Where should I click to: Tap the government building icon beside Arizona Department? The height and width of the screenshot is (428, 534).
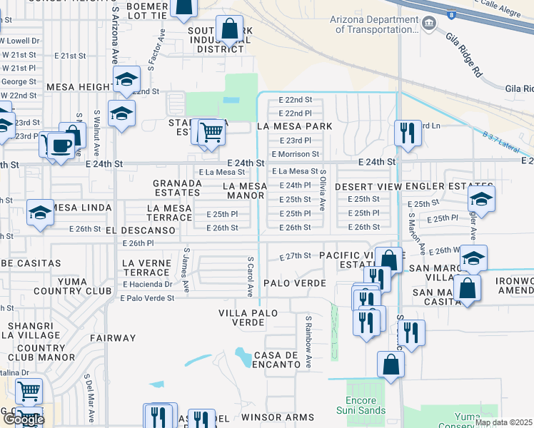click(429, 24)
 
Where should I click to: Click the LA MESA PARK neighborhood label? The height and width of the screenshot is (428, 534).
click(295, 126)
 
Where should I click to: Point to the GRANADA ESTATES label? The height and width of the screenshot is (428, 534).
click(177, 188)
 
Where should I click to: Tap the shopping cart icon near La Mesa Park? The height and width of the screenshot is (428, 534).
click(211, 131)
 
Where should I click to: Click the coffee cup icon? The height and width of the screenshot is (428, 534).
click(62, 146)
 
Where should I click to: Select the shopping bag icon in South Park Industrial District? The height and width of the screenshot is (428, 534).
click(229, 31)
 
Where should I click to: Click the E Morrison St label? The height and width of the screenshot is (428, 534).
click(295, 154)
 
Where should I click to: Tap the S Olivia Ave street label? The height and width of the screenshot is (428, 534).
click(323, 189)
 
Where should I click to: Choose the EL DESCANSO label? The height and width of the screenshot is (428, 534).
click(141, 231)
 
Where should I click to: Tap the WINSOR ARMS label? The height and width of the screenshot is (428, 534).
click(277, 417)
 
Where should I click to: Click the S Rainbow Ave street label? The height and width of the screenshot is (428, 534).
click(309, 342)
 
